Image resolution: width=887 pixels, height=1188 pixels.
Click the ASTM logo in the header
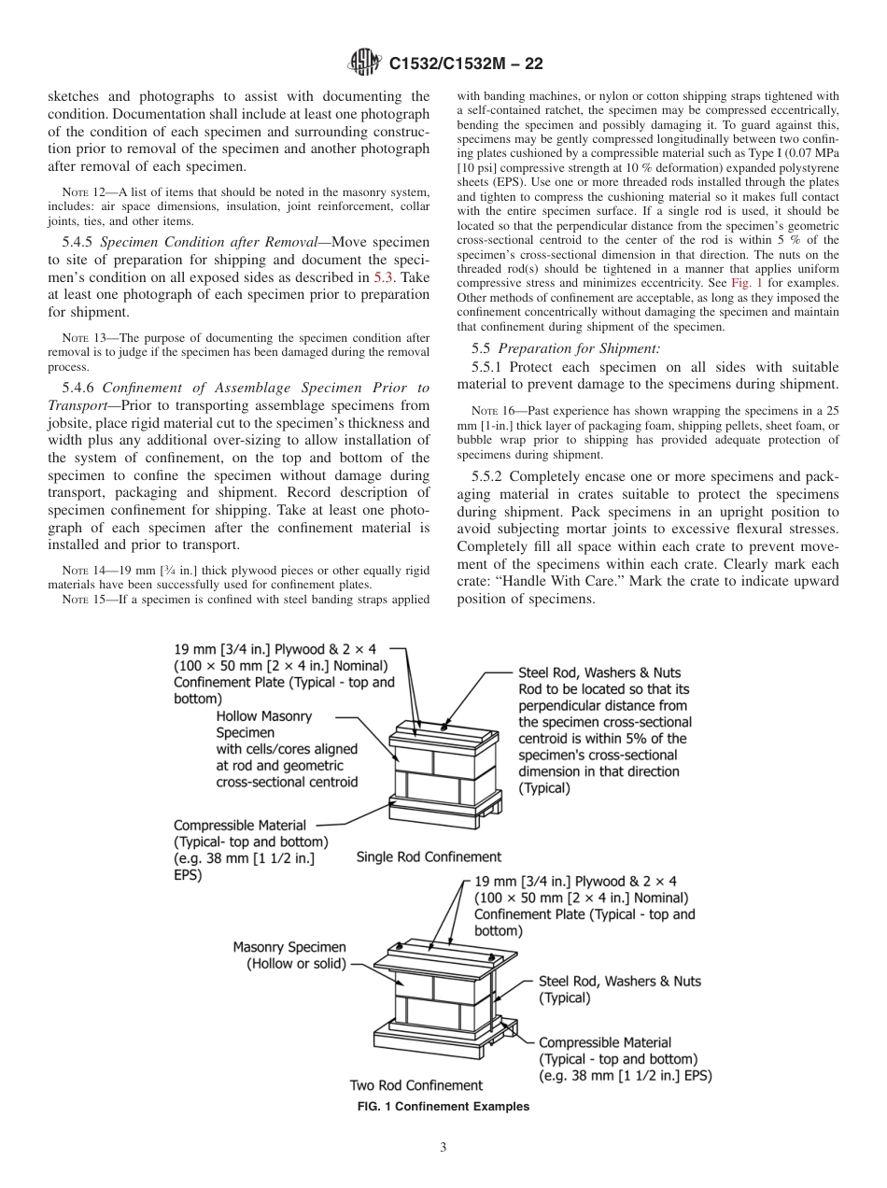362,64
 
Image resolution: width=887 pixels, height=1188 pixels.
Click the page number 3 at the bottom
443,1147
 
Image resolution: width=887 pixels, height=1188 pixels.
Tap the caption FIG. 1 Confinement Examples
443,1106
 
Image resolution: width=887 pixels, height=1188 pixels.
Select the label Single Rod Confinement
429,856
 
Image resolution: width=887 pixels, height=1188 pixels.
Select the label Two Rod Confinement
416,1085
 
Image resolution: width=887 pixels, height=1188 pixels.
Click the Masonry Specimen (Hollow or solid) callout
289,955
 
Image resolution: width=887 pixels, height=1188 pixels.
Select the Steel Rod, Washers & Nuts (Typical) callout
619,989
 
